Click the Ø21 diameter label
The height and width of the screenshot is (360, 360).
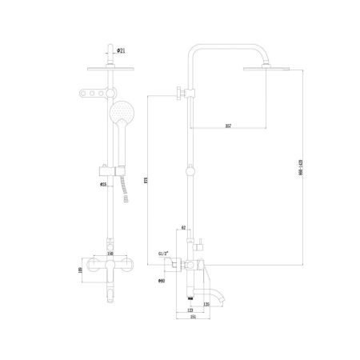[x=120, y=50]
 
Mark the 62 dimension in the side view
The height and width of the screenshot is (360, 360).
[x=183, y=228]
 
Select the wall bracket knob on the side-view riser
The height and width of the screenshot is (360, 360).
[x=178, y=94]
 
